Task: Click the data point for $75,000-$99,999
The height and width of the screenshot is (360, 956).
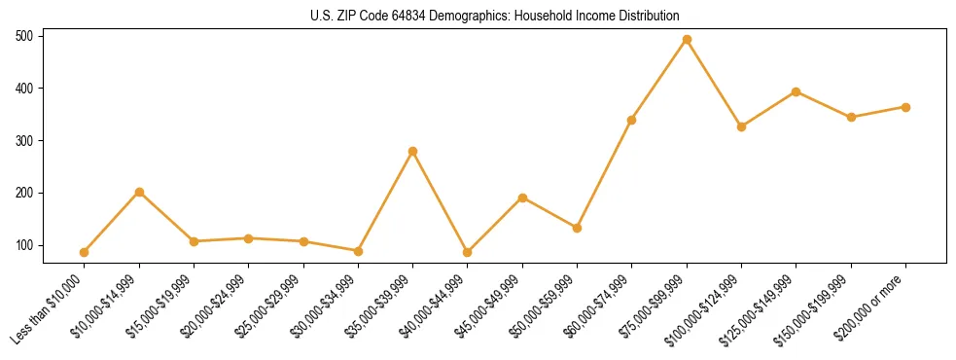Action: pos(687,40)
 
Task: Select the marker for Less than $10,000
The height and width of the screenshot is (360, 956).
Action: pos(85,252)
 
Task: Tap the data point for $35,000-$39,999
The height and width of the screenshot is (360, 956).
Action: pos(413,151)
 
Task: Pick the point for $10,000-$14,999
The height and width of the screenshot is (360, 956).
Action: pos(139,192)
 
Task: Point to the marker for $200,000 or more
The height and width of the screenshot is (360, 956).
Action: pos(905,107)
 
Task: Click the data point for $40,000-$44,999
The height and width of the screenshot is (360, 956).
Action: pos(468,252)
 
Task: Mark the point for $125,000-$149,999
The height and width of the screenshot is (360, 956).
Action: pos(797,91)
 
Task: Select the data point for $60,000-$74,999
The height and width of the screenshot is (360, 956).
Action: pos(632,120)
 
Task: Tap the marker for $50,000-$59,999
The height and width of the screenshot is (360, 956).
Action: pos(578,228)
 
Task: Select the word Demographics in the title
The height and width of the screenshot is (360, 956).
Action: pos(456,17)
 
